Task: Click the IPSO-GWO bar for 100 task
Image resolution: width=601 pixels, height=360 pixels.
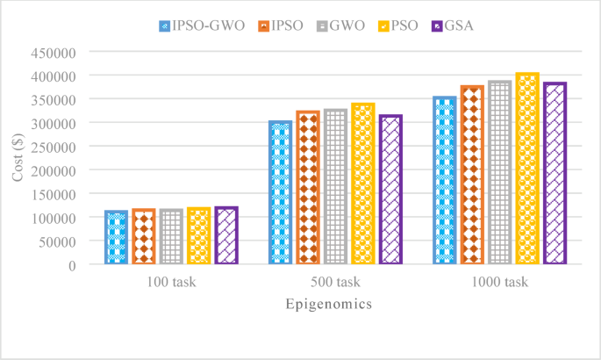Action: tap(116, 237)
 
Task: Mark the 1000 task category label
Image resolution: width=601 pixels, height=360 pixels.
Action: tap(499, 283)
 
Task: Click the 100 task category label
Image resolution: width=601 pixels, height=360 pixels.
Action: tap(171, 283)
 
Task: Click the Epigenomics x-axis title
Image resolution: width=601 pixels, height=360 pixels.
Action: tap(328, 305)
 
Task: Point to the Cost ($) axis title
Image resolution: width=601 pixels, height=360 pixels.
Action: tap(18, 158)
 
